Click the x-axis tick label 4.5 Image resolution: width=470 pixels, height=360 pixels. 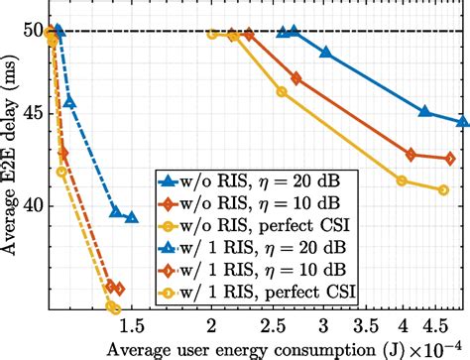433,325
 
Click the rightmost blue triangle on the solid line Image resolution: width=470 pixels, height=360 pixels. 463,122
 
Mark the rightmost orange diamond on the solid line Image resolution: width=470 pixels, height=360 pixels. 450,159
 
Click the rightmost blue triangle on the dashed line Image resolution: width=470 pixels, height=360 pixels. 132,217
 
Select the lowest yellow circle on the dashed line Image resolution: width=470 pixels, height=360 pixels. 114,308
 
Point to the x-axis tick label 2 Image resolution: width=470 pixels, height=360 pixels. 211,325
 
